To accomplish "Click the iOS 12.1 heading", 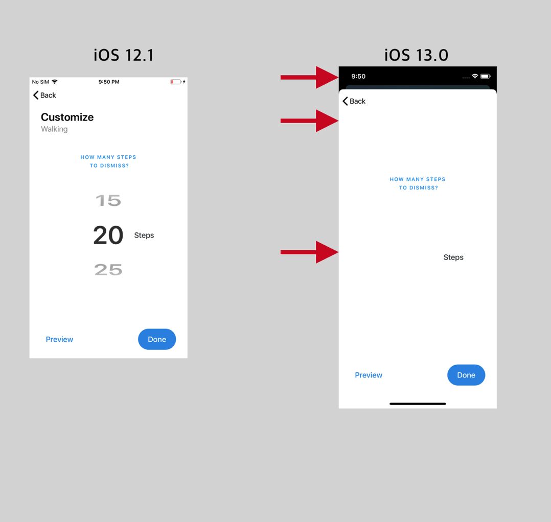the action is coord(123,55).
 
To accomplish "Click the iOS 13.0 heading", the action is coord(416,55).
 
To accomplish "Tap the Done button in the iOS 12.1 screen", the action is coord(157,339).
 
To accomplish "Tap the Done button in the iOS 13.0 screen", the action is coord(466,375).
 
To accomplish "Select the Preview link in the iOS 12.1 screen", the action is coord(59,340).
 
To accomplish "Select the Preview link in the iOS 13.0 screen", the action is coord(369,375).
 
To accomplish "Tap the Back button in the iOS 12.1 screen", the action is coord(44,95).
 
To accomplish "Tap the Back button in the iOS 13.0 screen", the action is coord(354,101).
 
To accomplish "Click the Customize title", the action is coord(67,117).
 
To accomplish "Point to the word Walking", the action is coord(54,129).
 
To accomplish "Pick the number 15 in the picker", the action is coord(108,201).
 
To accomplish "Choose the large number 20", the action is coord(108,235).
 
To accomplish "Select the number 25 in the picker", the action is coord(108,270).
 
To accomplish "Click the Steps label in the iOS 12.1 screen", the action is coord(144,235).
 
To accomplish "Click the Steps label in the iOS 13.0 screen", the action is coord(453,257).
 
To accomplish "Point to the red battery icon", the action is coord(176,82).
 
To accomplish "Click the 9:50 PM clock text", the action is coord(109,82).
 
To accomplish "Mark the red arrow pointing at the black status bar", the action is coord(309,77).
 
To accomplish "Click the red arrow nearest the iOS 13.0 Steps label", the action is coord(309,252).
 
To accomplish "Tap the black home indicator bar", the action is coord(418,404).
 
